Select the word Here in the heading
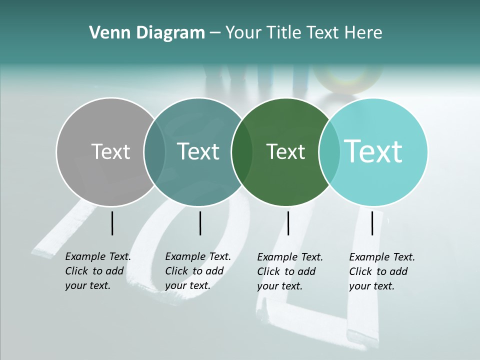coord(363,33)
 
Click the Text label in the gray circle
coord(110,151)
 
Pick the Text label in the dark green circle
coord(285,151)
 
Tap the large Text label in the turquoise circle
coord(373,151)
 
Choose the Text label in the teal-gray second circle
coord(198,151)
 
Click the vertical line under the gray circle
coord(112,223)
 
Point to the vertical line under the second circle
coord(200,223)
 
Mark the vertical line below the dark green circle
coord(288,223)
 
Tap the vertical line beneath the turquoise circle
coord(372,223)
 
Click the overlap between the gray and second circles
coord(154,152)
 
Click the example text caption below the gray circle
coord(98,271)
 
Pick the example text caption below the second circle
coord(198,271)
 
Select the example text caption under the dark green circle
coord(290,271)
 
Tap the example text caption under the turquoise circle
coord(382,271)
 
